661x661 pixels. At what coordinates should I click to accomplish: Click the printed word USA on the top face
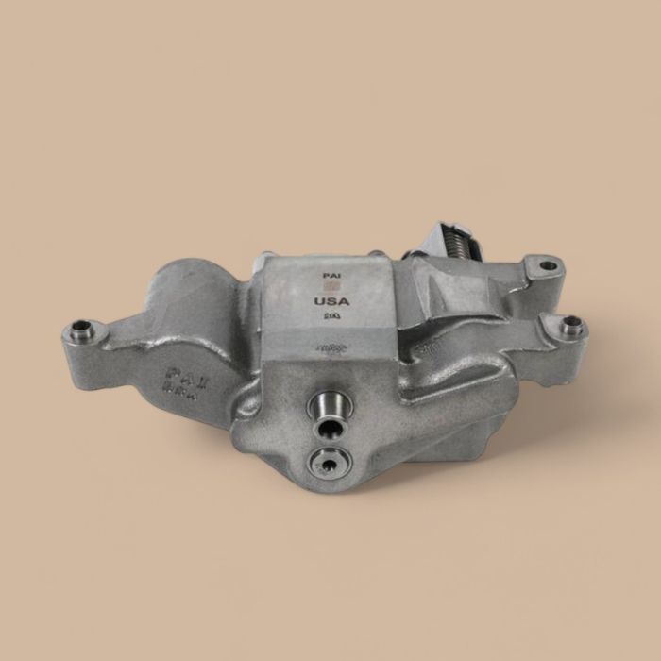[x=332, y=301]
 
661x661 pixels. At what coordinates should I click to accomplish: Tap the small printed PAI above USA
[x=330, y=276]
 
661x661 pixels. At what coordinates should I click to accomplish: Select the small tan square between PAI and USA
[x=330, y=287]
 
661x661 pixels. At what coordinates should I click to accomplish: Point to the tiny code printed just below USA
[x=331, y=318]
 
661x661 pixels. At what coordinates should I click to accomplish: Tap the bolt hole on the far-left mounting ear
[x=79, y=331]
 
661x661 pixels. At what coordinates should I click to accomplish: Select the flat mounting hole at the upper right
[x=548, y=265]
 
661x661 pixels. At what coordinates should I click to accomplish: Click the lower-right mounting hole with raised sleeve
[x=570, y=327]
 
